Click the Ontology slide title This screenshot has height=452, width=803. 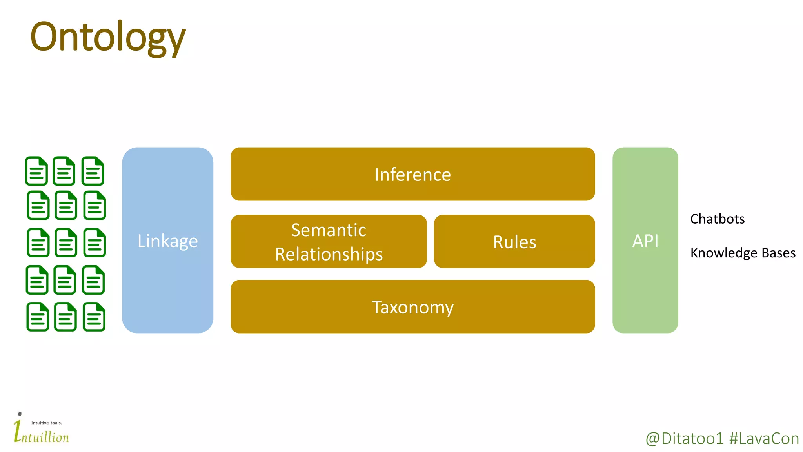point(107,37)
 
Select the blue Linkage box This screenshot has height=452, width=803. point(167,240)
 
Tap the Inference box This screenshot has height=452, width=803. point(412,174)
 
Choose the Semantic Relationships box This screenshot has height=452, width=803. point(329,241)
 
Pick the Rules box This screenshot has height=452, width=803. point(514,242)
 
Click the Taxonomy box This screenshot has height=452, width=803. point(412,307)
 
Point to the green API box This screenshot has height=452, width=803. point(645,240)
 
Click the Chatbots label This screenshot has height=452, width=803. point(717,219)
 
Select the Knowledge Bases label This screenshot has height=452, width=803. point(743,253)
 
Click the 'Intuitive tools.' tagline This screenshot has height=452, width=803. point(46,423)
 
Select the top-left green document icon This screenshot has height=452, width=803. point(36,171)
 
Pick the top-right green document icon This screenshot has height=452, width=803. point(93,171)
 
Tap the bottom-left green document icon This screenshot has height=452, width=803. point(38,317)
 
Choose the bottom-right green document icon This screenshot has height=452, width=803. point(94,317)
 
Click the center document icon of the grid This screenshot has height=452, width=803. point(66,243)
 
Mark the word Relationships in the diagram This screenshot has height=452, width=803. point(329,254)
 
